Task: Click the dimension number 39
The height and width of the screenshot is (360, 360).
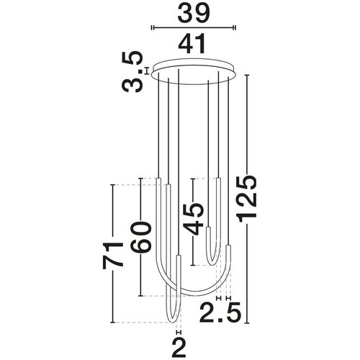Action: [194, 12]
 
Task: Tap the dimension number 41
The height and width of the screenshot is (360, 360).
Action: [193, 43]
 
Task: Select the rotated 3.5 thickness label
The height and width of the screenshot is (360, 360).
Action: [132, 72]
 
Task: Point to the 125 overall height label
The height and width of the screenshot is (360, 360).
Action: [246, 197]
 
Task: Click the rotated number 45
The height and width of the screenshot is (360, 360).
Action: [193, 218]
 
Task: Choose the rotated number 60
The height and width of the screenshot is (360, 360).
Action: [141, 237]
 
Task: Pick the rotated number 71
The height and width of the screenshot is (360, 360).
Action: [113, 255]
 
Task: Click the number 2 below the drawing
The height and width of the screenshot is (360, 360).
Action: [179, 348]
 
